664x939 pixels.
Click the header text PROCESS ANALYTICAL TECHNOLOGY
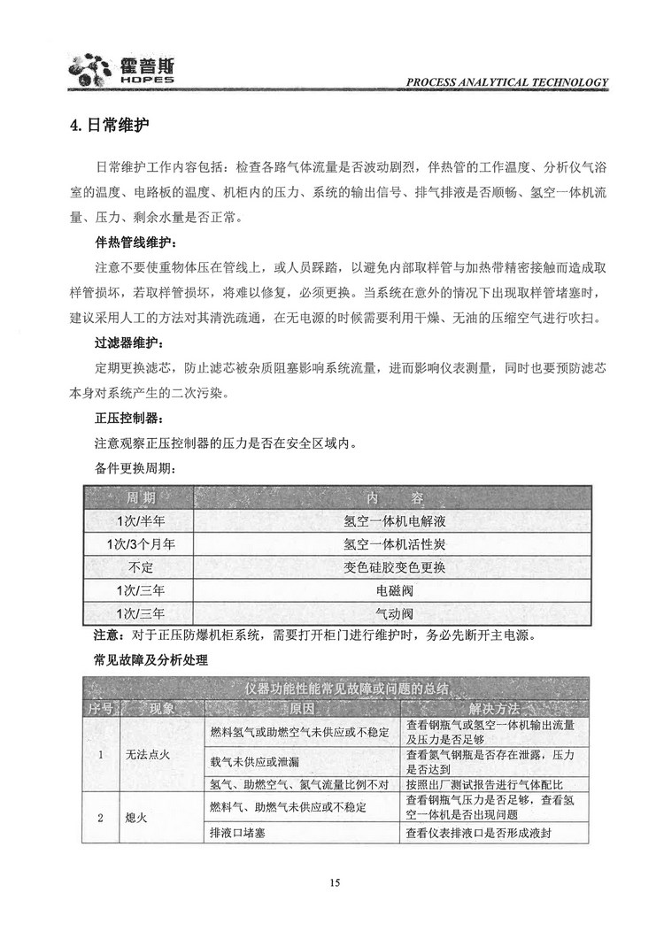507,82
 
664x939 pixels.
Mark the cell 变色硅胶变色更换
394,566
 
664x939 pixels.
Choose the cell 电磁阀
394,589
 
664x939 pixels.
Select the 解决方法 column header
496,709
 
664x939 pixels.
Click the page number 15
334,882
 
